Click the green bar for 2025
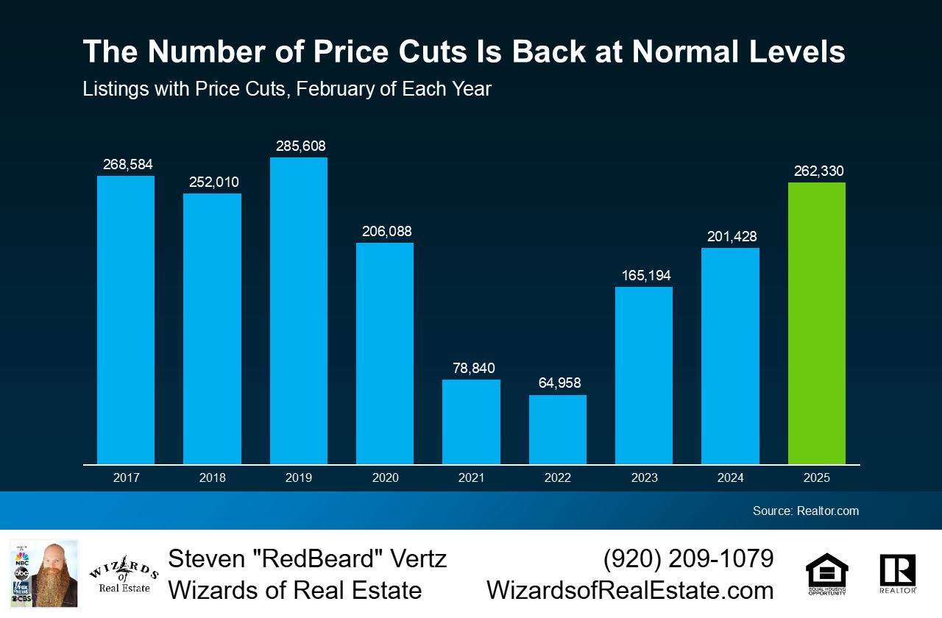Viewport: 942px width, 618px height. pos(816,324)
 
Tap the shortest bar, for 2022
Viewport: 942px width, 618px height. pos(557,430)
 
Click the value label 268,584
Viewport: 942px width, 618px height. pos(126,164)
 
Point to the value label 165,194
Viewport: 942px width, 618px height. pos(644,276)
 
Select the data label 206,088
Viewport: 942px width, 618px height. pos(385,232)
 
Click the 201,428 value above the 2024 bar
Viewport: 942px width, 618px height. pos(730,237)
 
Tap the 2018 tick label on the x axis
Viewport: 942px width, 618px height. pos(212,478)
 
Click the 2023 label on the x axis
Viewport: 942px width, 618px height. pos(644,478)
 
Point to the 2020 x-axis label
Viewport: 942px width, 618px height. pos(385,478)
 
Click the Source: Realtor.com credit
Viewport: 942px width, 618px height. pos(805,511)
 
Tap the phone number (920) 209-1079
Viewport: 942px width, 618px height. pos(688,559)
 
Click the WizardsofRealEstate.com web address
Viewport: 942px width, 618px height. pos(630,591)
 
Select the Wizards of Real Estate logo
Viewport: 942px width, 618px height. pos(123,574)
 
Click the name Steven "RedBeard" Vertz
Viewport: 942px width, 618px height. pos(307,559)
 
